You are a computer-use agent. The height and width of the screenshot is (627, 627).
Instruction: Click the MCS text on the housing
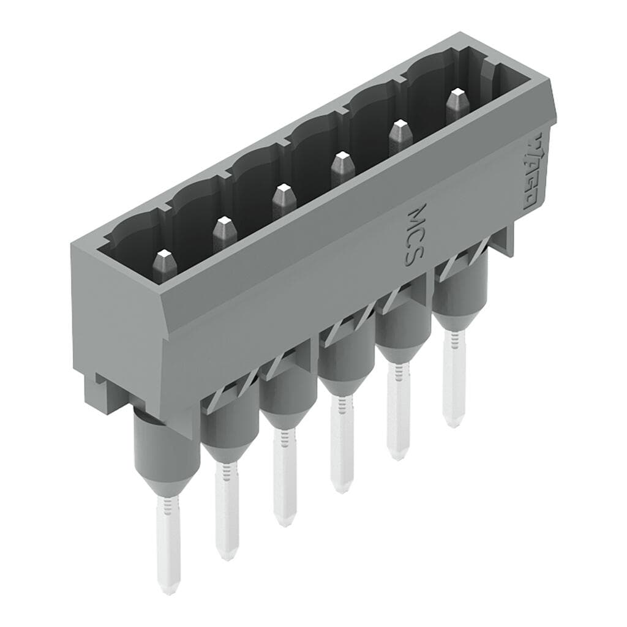415,236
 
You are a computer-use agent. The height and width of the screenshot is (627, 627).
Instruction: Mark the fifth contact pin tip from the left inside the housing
399,132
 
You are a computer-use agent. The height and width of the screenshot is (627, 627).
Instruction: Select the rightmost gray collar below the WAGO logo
460,288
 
